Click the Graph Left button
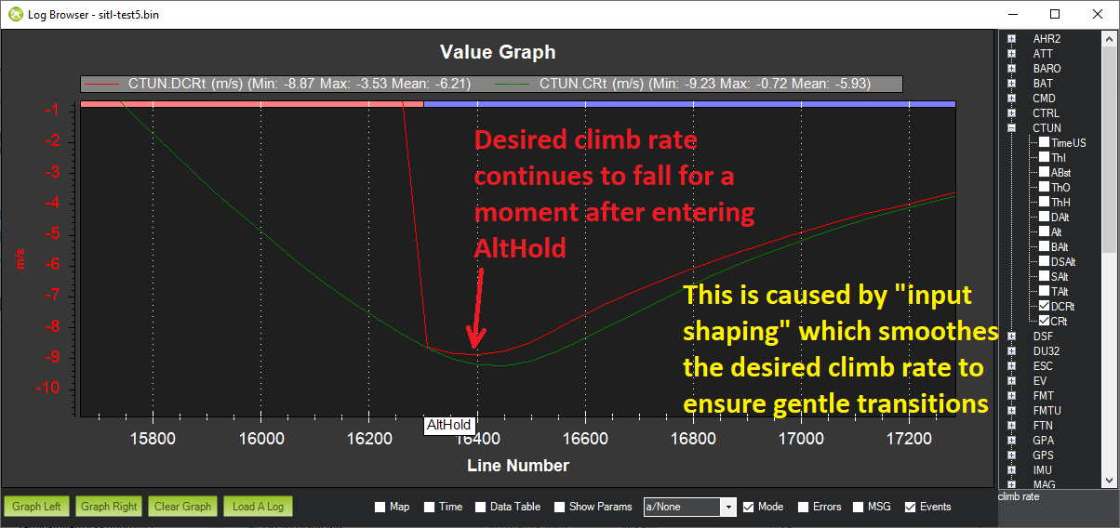tap(36, 507)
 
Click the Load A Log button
tap(258, 507)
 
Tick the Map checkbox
tap(380, 507)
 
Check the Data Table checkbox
tap(481, 507)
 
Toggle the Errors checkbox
tap(803, 507)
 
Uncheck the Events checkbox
tap(910, 507)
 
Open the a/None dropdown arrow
tap(728, 507)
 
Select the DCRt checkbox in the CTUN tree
tap(1045, 306)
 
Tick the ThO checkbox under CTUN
tap(1045, 187)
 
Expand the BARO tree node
tap(1011, 69)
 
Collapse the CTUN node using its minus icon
tap(1011, 128)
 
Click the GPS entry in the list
tap(1043, 455)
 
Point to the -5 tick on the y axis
tap(52, 233)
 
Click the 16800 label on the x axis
tap(693, 439)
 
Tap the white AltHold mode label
tap(448, 425)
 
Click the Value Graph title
tap(498, 52)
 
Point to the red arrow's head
tap(474, 346)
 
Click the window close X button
tap(1098, 14)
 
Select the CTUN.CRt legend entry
tap(683, 84)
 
